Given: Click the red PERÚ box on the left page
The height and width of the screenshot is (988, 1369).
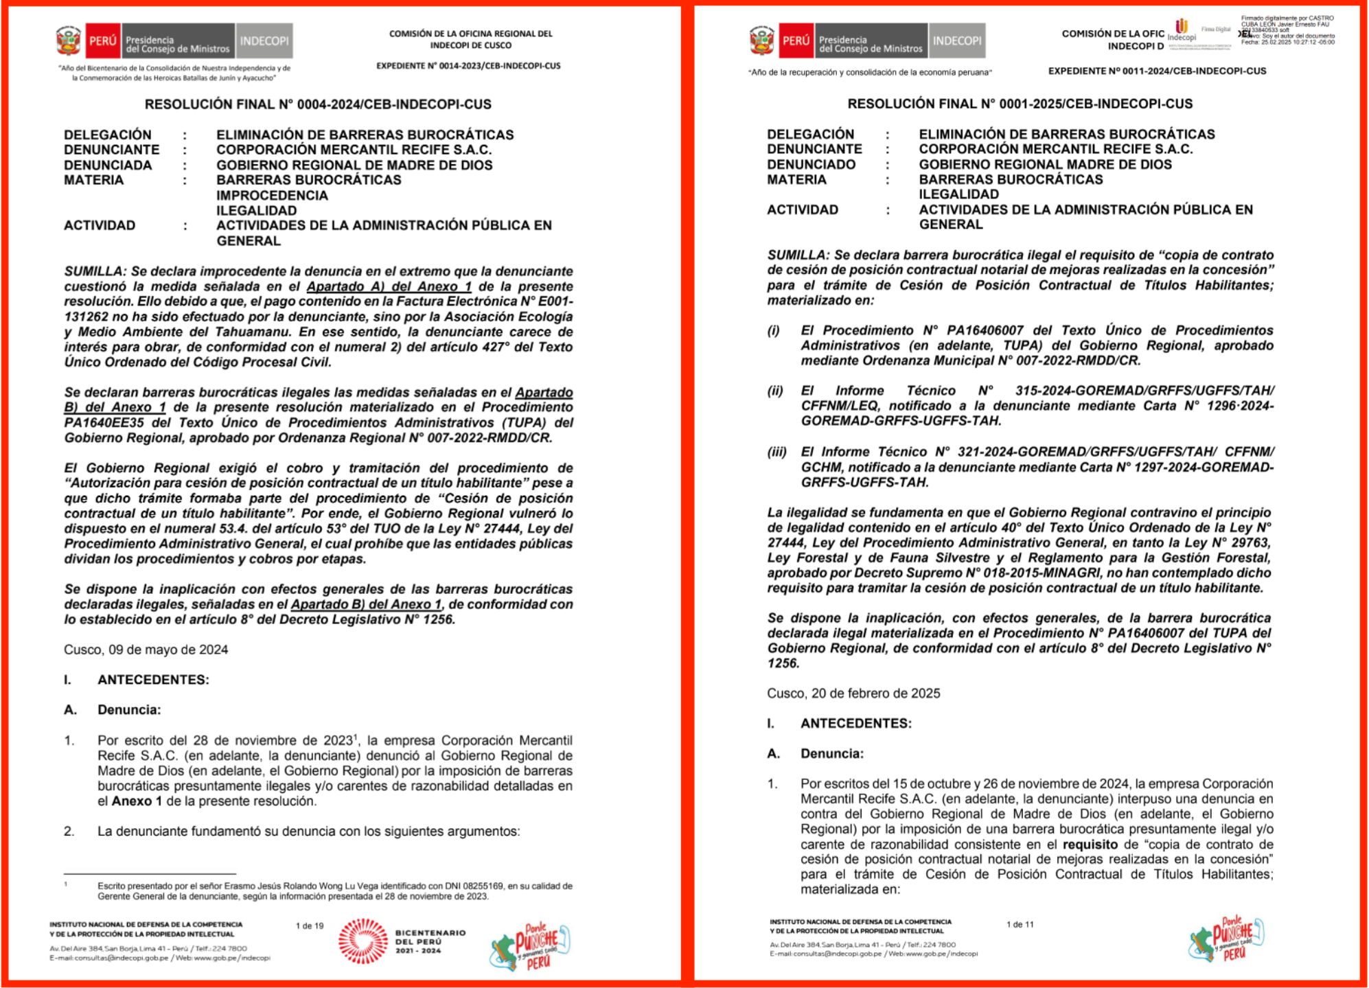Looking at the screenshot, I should coord(102,41).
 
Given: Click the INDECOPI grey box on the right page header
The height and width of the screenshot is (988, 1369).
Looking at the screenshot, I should coord(956,41).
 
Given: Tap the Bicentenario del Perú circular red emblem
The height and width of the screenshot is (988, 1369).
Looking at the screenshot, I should coord(363,941).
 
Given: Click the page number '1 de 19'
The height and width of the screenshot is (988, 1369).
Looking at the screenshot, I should coord(309,926).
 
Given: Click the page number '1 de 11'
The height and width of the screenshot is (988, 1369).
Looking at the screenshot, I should coord(1020,925).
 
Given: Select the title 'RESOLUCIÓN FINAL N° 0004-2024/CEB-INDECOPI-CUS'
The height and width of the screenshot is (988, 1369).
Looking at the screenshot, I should coord(318,104).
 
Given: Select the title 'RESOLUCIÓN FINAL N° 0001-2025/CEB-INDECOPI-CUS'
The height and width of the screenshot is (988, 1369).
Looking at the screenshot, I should coord(1020,104).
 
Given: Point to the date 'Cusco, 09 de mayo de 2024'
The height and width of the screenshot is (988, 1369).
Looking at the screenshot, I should coord(146,650).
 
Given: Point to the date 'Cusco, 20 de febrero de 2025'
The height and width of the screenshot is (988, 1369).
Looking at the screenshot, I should coord(853,693).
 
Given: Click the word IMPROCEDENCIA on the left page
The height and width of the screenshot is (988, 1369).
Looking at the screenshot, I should coord(272,196).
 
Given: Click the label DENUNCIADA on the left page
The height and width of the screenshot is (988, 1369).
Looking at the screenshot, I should coord(108,165).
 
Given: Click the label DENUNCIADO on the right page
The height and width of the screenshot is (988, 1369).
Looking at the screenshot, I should coord(811,165).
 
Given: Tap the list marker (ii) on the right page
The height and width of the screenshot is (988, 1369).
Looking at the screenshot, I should coord(775,391).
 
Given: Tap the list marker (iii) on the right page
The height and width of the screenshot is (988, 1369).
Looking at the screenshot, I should coord(776,452).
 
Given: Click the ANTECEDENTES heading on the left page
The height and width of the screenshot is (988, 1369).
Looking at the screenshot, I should coord(153,680).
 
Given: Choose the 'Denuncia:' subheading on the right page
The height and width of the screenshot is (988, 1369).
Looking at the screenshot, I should coord(832,754).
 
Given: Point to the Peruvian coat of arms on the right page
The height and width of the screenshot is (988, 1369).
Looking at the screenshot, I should coord(761,41).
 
